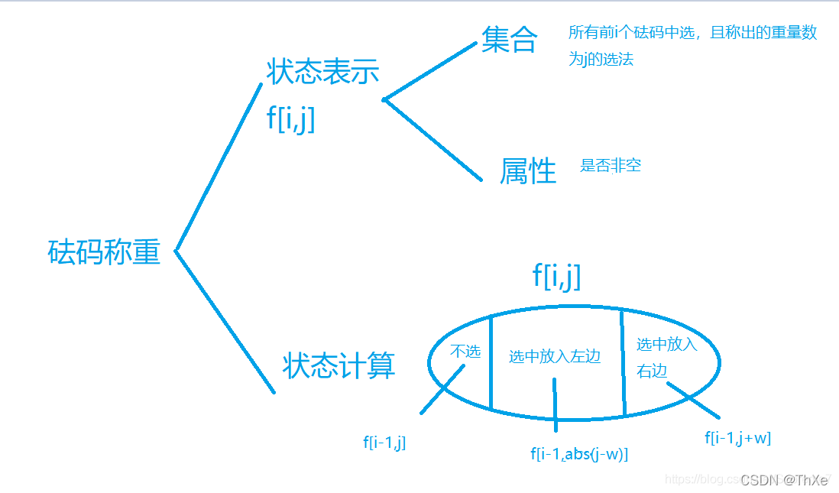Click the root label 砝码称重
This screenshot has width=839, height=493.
point(104,251)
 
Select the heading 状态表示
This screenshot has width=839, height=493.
point(322,72)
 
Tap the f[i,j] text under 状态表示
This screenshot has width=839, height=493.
point(290,119)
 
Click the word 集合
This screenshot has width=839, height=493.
point(510,39)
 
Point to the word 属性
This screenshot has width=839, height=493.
point(528,170)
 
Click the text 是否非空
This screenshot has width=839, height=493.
point(610,165)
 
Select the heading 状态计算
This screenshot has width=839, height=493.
point(339,366)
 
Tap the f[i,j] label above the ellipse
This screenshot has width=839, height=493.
point(556,276)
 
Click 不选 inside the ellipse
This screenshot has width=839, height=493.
point(465,352)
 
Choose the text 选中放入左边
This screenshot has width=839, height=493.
point(555,356)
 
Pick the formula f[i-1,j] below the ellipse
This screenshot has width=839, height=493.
point(384,442)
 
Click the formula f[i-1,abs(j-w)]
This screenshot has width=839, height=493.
point(579,453)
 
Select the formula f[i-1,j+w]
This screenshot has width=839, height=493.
point(737,438)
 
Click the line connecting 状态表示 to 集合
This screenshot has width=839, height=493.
point(429,71)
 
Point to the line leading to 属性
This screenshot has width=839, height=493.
point(432,140)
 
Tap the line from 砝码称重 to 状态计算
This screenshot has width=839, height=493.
point(225,322)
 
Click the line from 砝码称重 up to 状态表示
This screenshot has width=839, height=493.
point(219,167)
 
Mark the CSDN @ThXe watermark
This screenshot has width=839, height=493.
point(784,480)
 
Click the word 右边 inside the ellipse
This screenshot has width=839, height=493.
point(652,370)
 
